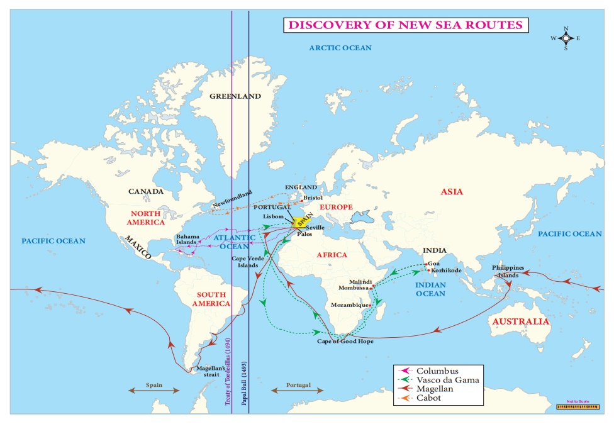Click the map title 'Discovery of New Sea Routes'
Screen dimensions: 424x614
click(x=405, y=25)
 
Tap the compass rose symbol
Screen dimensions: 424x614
click(x=566, y=38)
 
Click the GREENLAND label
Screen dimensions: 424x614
click(x=235, y=96)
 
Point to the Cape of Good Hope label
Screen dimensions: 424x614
click(x=345, y=341)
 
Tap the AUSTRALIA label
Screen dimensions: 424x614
click(x=520, y=321)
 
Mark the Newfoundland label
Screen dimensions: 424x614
click(x=232, y=199)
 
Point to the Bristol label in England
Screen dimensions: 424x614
click(x=312, y=198)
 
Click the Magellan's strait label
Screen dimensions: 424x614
click(x=207, y=371)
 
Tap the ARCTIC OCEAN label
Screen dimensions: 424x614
click(x=340, y=48)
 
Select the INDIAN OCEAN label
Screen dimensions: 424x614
click(x=430, y=289)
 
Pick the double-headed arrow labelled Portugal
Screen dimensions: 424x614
click(x=291, y=390)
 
